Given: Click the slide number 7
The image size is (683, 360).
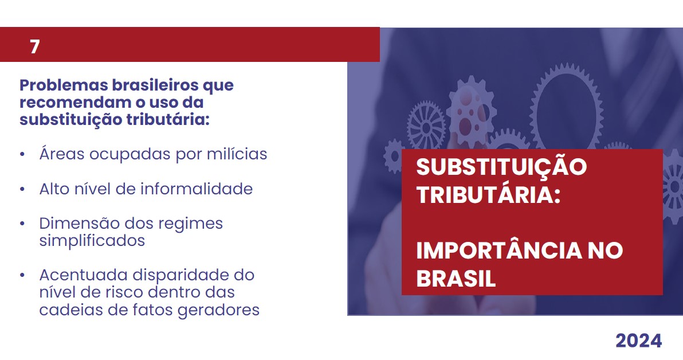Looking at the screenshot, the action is pos(35,46).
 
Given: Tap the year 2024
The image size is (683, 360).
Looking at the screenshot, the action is pos(638,341).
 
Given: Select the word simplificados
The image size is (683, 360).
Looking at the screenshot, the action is pos(92,241).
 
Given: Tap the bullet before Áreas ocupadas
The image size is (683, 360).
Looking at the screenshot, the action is pos(22,154).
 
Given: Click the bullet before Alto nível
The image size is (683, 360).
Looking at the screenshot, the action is pos(22,189).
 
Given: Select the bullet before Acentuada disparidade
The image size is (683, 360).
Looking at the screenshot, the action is pos(22,276).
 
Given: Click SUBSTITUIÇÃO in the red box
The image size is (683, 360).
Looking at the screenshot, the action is pos(501,167).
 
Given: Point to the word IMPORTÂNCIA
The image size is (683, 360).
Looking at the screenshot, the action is pos(498,250).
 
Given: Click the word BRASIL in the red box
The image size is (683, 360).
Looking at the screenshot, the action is pos(456,277).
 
